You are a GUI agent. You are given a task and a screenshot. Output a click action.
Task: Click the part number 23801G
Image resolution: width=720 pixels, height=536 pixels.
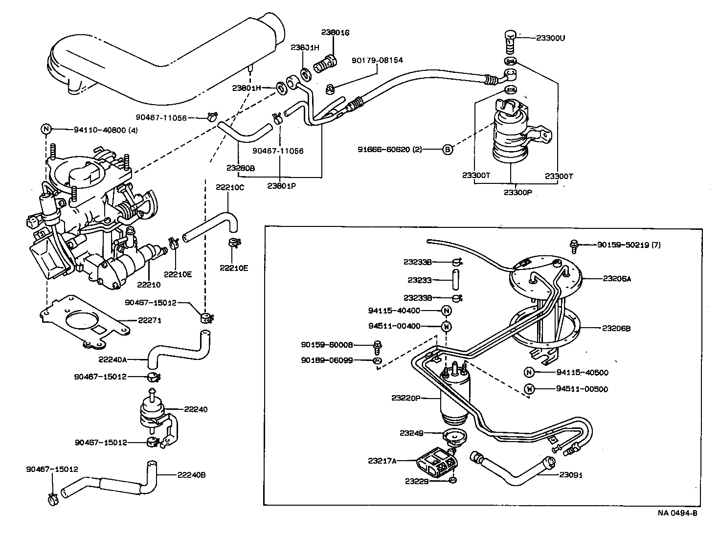335,32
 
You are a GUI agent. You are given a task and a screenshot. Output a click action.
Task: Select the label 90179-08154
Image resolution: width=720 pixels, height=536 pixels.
377,60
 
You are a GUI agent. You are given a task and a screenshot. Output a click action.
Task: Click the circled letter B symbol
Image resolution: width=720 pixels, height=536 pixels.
447,150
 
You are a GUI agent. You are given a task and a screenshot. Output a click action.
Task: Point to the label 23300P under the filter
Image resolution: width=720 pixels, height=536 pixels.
517,192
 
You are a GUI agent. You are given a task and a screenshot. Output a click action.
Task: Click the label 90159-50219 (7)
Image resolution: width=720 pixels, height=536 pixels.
629,245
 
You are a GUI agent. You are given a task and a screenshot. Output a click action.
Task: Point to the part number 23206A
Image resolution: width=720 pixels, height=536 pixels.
617,278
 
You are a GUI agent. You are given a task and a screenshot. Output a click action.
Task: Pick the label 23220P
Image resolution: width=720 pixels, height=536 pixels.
405,398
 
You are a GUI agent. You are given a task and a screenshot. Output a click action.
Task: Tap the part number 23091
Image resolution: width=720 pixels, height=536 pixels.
571,474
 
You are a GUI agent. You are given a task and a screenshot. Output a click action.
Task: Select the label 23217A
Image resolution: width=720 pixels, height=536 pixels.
382,460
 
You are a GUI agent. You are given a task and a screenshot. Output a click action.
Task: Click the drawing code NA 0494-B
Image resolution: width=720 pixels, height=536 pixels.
677,513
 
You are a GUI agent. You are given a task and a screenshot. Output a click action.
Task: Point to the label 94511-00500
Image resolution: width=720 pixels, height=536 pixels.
582,389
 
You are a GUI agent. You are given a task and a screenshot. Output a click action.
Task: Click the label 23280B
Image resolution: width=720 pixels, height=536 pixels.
241,167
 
